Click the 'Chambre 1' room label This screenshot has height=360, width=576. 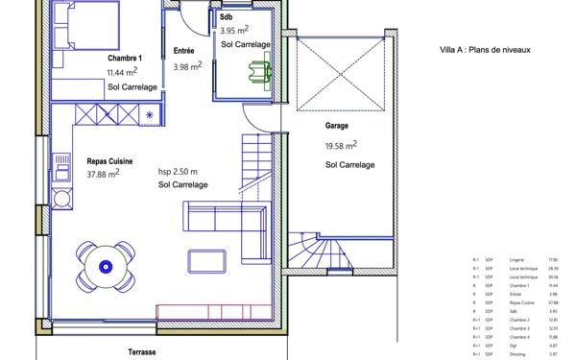pyautogui.click(x=125, y=57)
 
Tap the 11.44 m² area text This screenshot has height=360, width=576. pyautogui.click(x=122, y=72)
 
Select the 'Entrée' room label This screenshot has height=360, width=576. pyautogui.click(x=185, y=50)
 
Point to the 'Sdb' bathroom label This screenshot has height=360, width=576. pyautogui.click(x=226, y=18)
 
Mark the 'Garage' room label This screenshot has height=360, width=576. pyautogui.click(x=336, y=125)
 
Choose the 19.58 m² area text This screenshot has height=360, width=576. pyautogui.click(x=342, y=145)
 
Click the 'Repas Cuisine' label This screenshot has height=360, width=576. pyautogui.click(x=109, y=161)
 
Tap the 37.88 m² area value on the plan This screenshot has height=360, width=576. pyautogui.click(x=103, y=175)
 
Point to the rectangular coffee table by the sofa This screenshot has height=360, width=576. pyautogui.click(x=206, y=261)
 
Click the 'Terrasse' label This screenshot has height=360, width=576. pyautogui.click(x=142, y=352)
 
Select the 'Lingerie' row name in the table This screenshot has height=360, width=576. pyautogui.click(x=518, y=259)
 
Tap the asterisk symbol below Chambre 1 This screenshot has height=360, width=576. pyautogui.click(x=150, y=116)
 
